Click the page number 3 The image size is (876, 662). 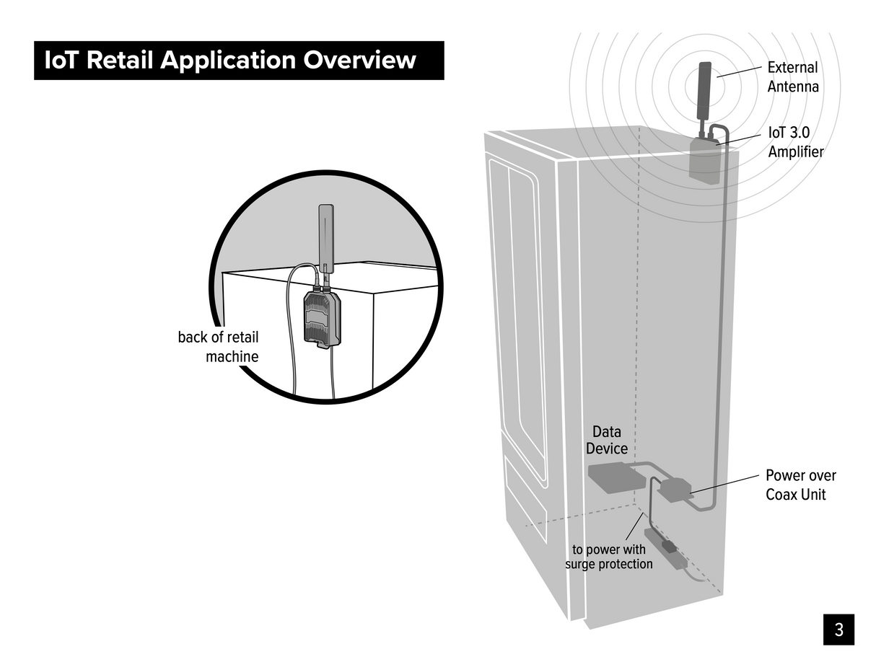(x=838, y=630)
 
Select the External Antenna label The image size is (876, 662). (x=792, y=77)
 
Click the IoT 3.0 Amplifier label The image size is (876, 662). (x=795, y=143)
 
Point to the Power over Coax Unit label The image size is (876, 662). (x=800, y=485)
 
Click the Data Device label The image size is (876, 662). (x=606, y=440)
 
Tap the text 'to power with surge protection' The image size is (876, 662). (x=608, y=557)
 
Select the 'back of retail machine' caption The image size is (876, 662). (x=218, y=347)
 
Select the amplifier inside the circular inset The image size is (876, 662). (x=323, y=317)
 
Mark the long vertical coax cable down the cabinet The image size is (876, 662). (x=721, y=325)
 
